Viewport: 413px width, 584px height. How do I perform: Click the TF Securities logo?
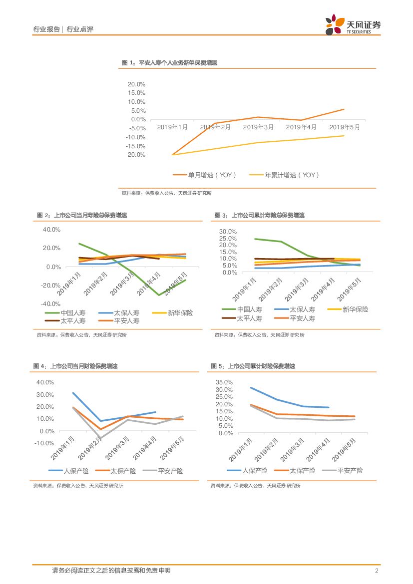tap(352, 24)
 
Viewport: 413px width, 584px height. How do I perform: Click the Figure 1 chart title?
tap(169, 63)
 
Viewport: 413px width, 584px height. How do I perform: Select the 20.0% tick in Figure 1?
tap(136, 84)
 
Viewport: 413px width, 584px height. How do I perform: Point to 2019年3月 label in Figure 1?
tap(258, 127)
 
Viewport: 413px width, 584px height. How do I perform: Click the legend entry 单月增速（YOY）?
tap(205, 175)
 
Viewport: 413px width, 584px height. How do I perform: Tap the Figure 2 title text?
tap(82, 215)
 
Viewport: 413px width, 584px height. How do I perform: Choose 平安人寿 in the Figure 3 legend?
tap(302, 318)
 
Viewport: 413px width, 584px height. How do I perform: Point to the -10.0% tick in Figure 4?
tap(45, 443)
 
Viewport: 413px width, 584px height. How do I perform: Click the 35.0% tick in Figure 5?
tap(224, 382)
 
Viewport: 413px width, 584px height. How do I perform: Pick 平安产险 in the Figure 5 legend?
tap(350, 470)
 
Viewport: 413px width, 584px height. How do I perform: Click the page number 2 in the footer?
tap(377, 571)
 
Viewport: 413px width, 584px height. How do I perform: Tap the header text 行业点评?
tap(80, 29)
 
